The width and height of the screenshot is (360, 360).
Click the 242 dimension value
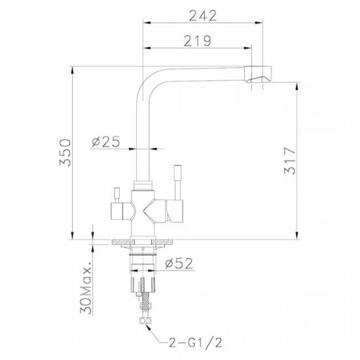tap(203, 16)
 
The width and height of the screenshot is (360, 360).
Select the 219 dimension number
tap(198, 41)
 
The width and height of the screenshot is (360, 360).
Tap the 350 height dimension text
tap(65, 153)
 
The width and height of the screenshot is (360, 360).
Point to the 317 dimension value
tap(290, 161)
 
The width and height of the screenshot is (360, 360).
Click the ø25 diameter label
tap(106, 141)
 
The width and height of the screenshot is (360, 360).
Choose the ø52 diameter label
tap(179, 263)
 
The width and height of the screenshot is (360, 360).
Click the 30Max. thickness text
tap(86, 287)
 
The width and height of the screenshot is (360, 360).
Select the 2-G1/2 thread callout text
tap(196, 343)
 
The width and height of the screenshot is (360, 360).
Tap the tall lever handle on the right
tap(178, 183)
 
